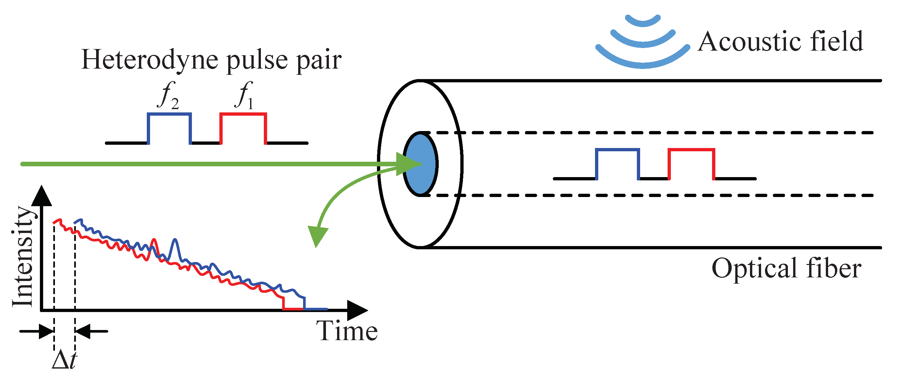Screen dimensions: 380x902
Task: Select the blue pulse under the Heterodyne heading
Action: click(x=169, y=114)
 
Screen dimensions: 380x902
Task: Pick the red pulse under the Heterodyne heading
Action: click(x=243, y=114)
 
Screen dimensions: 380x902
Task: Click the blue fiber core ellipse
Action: click(x=420, y=164)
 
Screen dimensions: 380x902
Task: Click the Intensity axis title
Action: click(x=23, y=257)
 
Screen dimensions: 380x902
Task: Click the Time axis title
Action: click(x=347, y=331)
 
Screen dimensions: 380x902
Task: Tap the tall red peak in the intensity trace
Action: click(x=153, y=241)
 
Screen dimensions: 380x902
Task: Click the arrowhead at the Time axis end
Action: click(x=357, y=310)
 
